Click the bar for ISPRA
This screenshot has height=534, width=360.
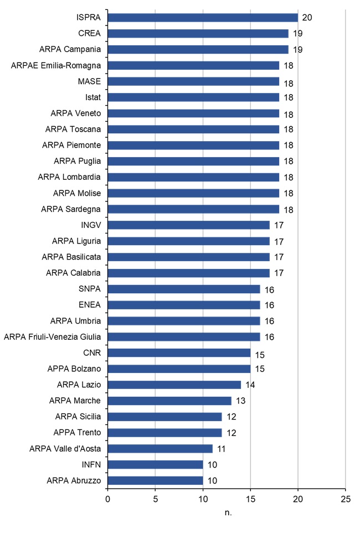pos(203,18)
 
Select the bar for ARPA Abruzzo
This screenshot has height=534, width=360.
pos(155,480)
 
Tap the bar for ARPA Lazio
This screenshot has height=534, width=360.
pos(174,385)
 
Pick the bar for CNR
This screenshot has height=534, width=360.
pos(179,352)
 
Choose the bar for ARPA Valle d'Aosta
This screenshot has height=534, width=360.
pos(160,448)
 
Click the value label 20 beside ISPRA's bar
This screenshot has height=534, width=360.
pos(307,18)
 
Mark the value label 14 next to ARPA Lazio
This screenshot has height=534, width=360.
pos(250,385)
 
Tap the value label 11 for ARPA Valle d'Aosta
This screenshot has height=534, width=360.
pos(221,448)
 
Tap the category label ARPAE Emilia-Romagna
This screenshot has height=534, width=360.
pos(55,65)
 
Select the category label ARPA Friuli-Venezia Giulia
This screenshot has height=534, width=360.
pos(52,336)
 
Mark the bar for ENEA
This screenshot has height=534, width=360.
pos(183,305)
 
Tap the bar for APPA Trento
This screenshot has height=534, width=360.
pos(164,432)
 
